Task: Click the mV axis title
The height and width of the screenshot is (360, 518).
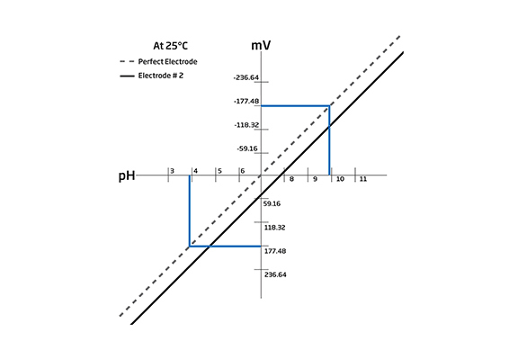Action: coord(261,45)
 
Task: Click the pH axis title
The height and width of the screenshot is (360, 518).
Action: coord(127,175)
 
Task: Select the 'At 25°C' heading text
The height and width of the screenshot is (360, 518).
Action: coord(170,46)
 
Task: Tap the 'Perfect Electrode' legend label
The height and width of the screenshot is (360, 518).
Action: coord(167,62)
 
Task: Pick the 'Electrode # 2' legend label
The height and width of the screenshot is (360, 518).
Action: coord(161,76)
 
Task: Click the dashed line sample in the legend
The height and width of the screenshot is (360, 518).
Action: coord(127,61)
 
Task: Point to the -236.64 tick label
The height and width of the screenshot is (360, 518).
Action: coord(246,77)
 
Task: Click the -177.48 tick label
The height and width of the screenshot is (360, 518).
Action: coord(246,101)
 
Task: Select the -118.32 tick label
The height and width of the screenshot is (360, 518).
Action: coord(246,125)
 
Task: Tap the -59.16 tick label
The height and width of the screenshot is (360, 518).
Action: coord(247,148)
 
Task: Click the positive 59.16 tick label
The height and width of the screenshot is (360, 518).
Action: coord(272,203)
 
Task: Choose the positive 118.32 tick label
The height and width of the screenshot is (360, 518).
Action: coord(274,228)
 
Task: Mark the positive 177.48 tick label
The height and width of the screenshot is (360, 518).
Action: coord(275,251)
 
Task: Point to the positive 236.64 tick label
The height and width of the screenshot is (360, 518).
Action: coord(275,274)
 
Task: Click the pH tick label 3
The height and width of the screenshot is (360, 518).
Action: coord(172,171)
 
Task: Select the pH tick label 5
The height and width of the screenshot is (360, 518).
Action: coord(219,171)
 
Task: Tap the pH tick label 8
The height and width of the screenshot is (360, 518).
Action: coord(291,179)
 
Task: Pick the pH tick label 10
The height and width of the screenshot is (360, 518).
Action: coord(340,179)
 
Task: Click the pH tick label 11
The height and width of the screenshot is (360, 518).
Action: coord(363,179)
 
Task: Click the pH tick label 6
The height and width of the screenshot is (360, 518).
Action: coord(243,171)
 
